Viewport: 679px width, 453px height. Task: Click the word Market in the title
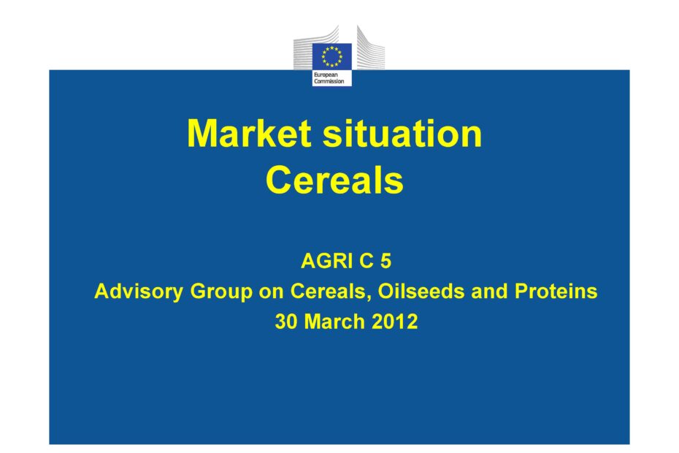[249, 133]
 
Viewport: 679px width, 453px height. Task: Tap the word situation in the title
[402, 133]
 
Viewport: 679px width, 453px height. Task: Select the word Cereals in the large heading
[334, 180]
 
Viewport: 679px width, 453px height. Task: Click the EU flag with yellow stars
[331, 56]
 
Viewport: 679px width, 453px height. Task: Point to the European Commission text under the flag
[329, 78]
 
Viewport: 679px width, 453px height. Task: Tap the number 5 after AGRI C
[385, 261]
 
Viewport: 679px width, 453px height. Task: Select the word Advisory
[139, 292]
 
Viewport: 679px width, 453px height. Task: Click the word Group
[220, 292]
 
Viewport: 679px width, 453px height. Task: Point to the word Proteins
[556, 291]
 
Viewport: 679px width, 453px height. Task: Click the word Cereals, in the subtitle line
[331, 292]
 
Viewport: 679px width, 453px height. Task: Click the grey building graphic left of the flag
[316, 47]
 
